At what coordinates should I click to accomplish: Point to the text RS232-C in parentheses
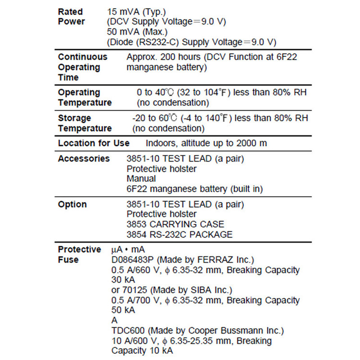[158, 42]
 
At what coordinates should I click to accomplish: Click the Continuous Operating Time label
[83, 67]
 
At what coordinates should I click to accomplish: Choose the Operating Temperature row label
[84, 97]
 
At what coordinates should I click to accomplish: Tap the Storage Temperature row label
[84, 123]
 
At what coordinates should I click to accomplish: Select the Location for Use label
[94, 143]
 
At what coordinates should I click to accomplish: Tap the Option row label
[72, 204]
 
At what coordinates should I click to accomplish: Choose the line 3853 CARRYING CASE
[175, 224]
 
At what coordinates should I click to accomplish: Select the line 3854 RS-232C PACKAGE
[180, 234]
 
